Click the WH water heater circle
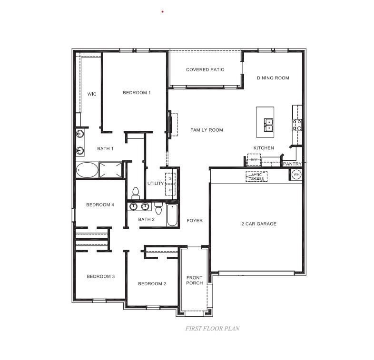(x=296, y=175)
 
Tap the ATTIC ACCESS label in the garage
(x=256, y=176)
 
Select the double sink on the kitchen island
(x=268, y=125)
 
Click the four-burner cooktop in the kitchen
(x=297, y=125)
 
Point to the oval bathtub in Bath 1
(x=87, y=170)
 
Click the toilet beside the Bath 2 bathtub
(x=158, y=208)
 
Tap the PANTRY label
(x=292, y=164)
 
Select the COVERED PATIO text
(x=205, y=70)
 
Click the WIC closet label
(x=92, y=94)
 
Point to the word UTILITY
(x=156, y=183)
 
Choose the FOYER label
(x=195, y=221)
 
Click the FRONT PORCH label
(x=194, y=281)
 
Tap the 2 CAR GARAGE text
(x=259, y=224)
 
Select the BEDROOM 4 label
(x=100, y=205)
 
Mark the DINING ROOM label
(x=273, y=78)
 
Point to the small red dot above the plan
(x=163, y=11)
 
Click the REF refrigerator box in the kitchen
(x=254, y=160)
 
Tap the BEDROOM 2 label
(x=152, y=284)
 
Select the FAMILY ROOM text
(x=207, y=130)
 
